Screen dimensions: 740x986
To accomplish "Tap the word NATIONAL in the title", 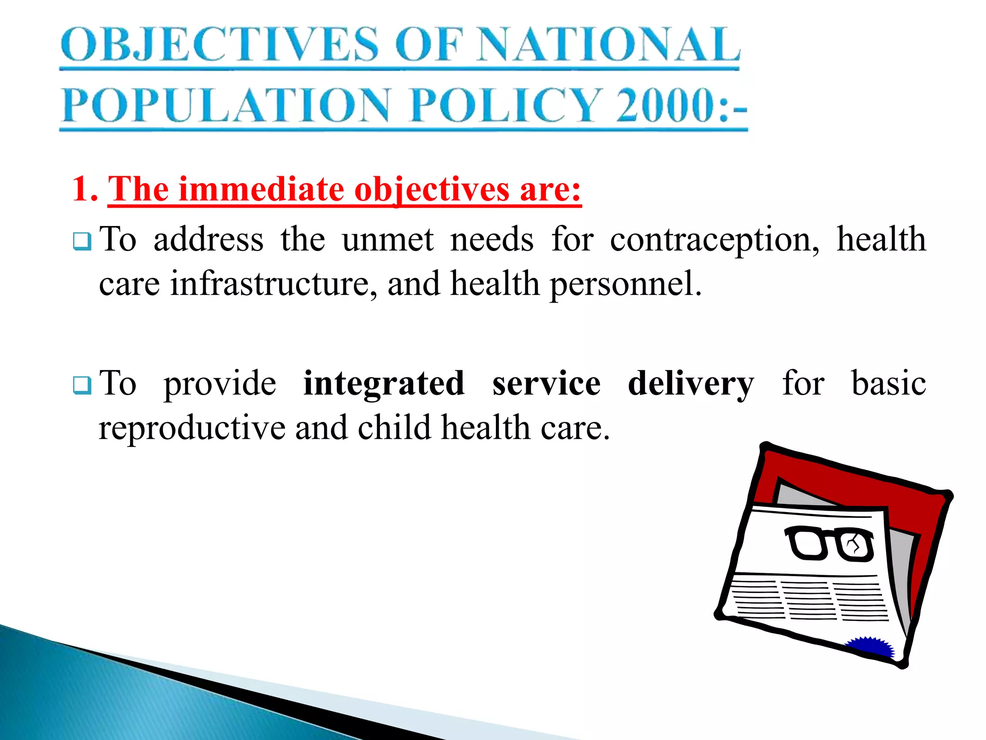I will pyautogui.click(x=608, y=44).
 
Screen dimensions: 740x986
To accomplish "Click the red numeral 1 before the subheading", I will pyautogui.click(x=81, y=188).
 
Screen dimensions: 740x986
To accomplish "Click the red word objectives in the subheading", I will pyautogui.click(x=432, y=188).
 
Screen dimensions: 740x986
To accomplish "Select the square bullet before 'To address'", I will pyautogui.click(x=82, y=241).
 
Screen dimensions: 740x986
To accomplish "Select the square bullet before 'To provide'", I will pyautogui.click(x=82, y=385).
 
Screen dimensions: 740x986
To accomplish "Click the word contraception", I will pyautogui.click(x=714, y=239).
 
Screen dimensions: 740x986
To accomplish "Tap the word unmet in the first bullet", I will pyautogui.click(x=388, y=239).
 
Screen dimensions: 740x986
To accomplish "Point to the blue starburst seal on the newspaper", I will pyautogui.click(x=870, y=647).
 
